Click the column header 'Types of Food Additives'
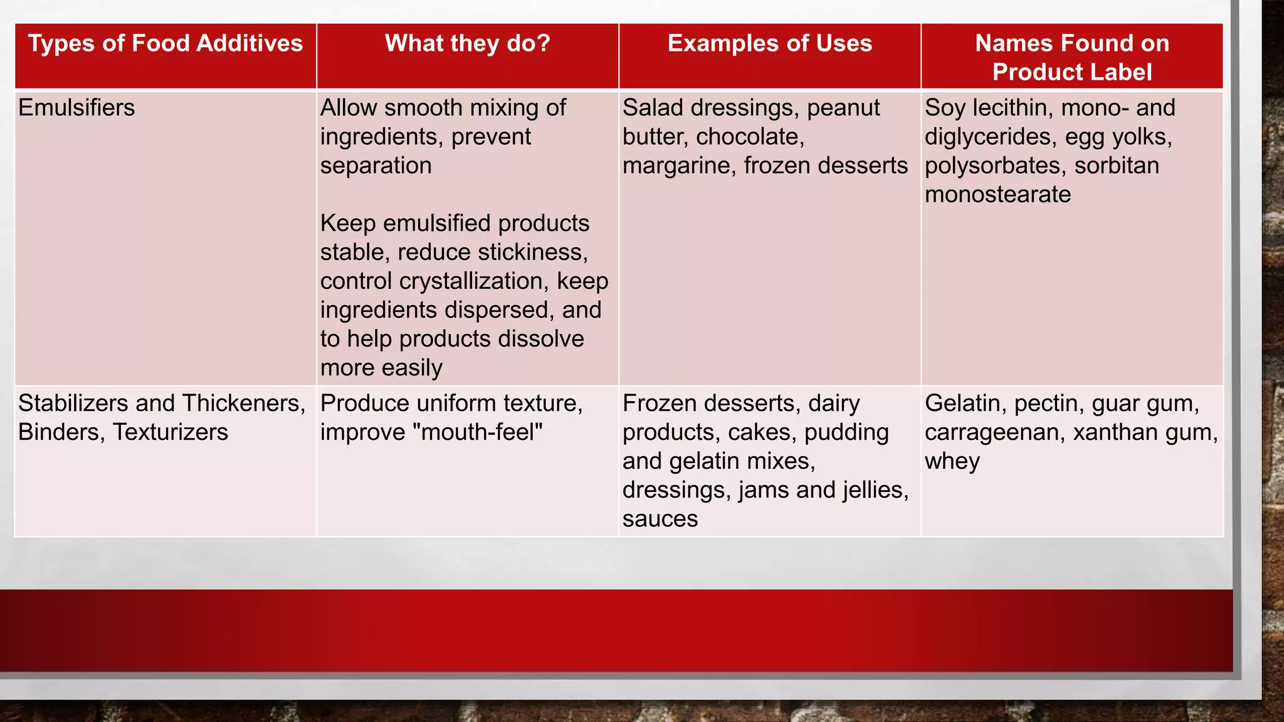[166, 44]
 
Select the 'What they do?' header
[467, 44]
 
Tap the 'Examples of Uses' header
[769, 44]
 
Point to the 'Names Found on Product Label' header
[1071, 58]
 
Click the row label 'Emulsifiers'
[76, 108]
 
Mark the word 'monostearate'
[997, 195]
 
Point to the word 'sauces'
[660, 519]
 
